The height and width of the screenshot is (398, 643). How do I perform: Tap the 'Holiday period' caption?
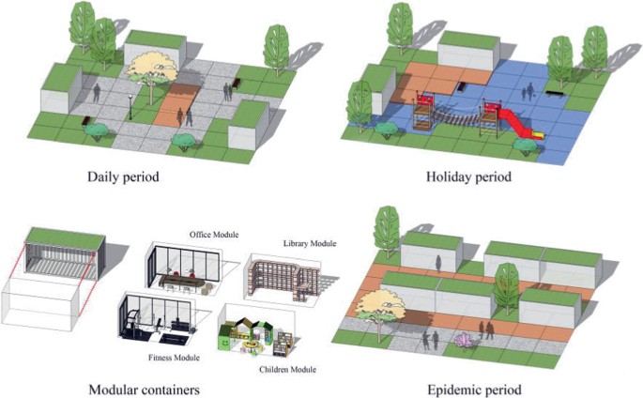click(x=468, y=176)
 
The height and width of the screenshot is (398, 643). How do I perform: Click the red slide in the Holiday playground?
click(x=513, y=119)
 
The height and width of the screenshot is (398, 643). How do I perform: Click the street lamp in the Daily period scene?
click(x=128, y=99)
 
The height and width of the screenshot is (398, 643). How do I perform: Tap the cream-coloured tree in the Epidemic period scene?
click(x=381, y=304)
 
